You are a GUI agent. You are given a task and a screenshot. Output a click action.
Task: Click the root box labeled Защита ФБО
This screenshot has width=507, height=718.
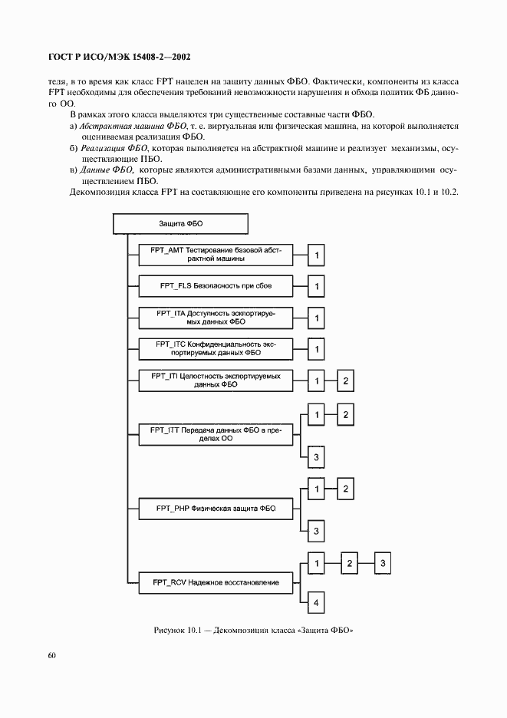point(180,223)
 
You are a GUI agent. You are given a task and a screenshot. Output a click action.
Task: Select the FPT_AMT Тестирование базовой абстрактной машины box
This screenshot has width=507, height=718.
point(216,255)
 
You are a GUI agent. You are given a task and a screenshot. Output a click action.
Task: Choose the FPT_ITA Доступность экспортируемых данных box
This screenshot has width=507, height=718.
point(216,318)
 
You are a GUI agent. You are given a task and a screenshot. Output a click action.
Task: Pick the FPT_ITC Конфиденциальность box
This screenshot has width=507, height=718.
point(216,349)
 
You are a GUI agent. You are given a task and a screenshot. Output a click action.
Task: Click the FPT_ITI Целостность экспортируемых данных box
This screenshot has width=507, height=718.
point(216,380)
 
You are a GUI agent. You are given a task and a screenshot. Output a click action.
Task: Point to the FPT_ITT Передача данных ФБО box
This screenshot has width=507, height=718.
point(216,435)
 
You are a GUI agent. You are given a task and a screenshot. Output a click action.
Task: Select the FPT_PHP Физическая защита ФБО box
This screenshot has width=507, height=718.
point(216,508)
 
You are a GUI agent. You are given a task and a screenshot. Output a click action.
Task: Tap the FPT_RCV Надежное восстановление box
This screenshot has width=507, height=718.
point(216,582)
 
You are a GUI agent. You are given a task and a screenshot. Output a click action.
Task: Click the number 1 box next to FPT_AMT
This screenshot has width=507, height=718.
point(316,255)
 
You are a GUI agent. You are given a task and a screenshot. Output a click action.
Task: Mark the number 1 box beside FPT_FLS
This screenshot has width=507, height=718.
point(316,287)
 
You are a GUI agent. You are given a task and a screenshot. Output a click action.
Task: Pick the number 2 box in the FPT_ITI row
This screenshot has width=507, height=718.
point(346,380)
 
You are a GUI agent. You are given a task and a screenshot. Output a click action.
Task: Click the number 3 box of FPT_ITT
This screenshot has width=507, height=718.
point(316,457)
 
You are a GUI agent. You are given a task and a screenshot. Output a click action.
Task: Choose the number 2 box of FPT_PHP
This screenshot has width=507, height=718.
point(346,488)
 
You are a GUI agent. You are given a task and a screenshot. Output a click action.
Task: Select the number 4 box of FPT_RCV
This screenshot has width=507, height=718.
point(316,603)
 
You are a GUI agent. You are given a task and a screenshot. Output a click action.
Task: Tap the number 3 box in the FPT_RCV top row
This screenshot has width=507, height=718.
point(383,564)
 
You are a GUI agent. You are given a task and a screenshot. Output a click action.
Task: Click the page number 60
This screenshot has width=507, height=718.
point(51,654)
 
